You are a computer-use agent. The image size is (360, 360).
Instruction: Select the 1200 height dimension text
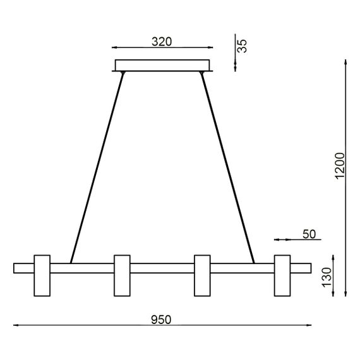(x=339, y=166)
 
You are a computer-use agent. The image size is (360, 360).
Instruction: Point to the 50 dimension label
(x=309, y=234)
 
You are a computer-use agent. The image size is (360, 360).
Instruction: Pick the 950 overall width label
(x=162, y=320)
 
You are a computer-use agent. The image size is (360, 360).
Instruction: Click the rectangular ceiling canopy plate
(x=162, y=65)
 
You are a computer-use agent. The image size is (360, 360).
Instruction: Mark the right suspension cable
(x=227, y=167)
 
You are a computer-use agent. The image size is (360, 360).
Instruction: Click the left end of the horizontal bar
(x=19, y=268)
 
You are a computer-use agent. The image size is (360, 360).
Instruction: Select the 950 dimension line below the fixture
(x=95, y=326)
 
